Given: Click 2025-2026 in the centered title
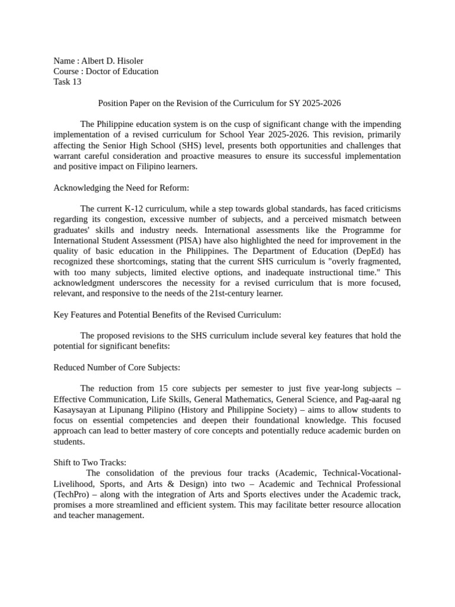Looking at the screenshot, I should (x=322, y=103).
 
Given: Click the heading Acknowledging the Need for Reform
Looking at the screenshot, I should (x=121, y=188).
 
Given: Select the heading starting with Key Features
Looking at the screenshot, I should (x=168, y=314).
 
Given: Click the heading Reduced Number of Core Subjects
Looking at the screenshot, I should (x=117, y=368).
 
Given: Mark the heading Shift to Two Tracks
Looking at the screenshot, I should (x=90, y=463).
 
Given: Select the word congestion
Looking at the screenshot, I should (x=129, y=219).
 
